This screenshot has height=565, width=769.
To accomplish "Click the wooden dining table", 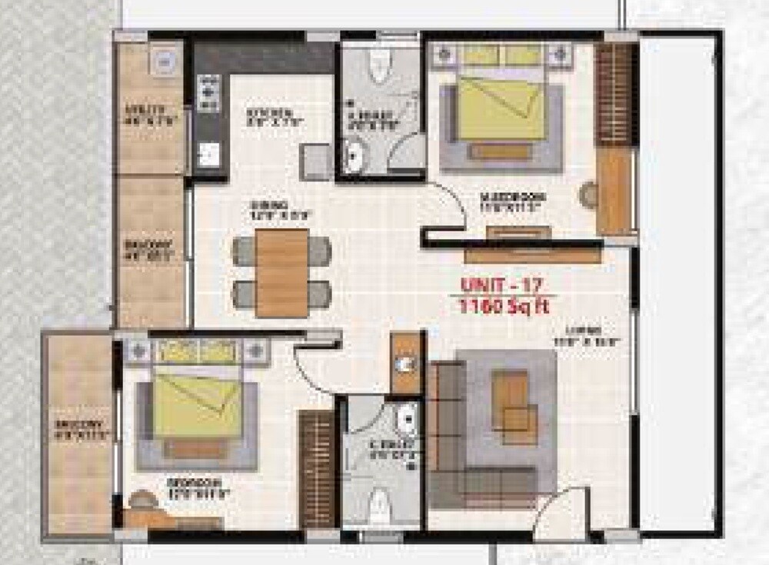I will pos(282,273).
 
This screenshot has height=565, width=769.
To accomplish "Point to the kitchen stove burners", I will pos(208,93).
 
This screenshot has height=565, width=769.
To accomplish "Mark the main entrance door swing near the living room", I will pos(563,511).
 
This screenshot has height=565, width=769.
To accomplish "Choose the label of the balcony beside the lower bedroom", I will pos(79,430).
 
